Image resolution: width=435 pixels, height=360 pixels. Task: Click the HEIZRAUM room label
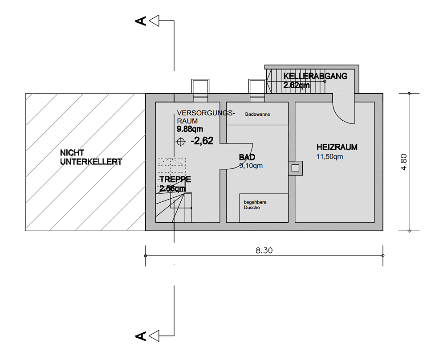[337, 147]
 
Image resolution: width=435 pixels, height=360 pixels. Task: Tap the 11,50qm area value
[329, 156]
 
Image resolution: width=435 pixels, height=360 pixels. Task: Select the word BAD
[247, 157]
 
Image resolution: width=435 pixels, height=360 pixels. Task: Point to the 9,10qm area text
[251, 166]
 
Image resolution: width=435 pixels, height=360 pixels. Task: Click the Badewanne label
[257, 114]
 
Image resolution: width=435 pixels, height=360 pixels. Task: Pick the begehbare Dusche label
[255, 205]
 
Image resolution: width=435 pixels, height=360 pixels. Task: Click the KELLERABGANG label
[315, 76]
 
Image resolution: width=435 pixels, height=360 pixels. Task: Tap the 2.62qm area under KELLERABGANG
[296, 85]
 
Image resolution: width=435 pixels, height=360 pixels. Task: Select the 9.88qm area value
[190, 129]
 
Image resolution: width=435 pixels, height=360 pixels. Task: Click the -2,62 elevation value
[202, 141]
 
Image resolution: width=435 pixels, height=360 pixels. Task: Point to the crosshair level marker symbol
[181, 142]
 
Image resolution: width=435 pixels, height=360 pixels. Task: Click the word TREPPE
[175, 179]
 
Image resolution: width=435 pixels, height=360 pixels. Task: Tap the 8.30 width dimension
[264, 250]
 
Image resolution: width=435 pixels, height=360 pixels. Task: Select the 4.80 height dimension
[404, 162]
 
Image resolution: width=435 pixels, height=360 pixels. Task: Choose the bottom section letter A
[141, 336]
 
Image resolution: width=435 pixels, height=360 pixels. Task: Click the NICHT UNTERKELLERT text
[91, 157]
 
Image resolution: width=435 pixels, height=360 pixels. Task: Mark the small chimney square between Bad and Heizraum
[296, 168]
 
